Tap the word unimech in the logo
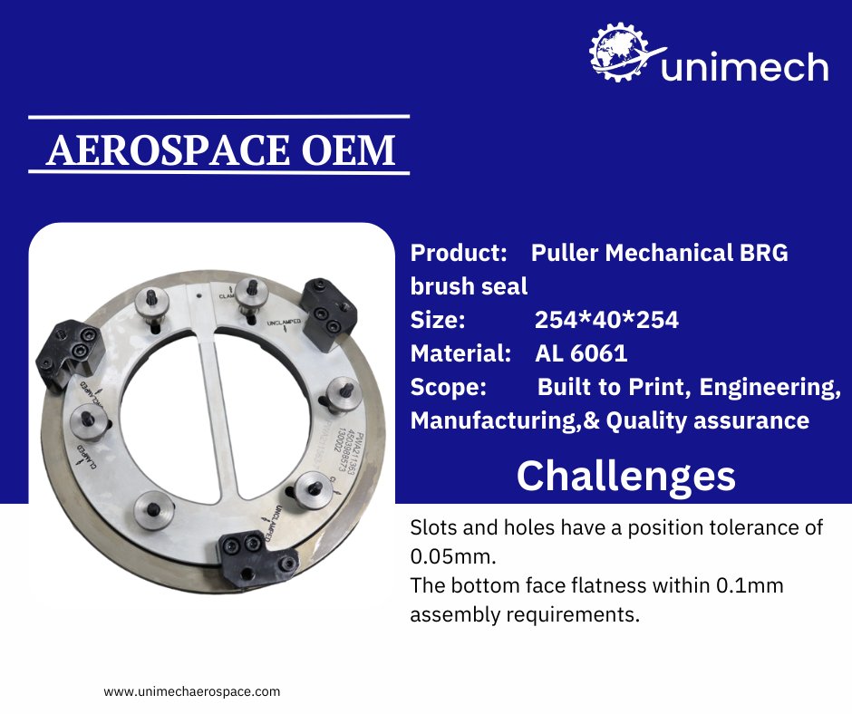(744, 67)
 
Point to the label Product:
(457, 253)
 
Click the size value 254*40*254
(606, 320)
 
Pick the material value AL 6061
(581, 353)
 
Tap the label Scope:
(449, 387)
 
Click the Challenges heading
(625, 475)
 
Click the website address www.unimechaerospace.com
(192, 690)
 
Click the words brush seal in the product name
(469, 286)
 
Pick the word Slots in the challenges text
(434, 527)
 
